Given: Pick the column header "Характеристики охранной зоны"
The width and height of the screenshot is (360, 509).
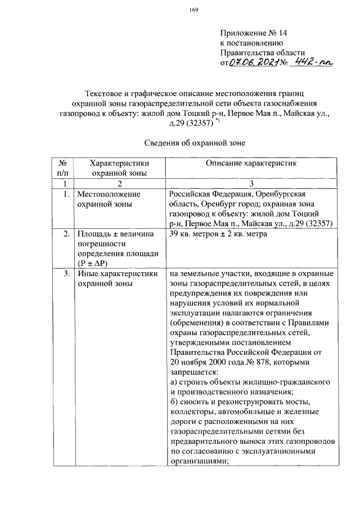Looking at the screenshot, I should tap(119, 168).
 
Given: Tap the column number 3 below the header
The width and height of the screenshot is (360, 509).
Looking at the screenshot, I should tap(252, 184).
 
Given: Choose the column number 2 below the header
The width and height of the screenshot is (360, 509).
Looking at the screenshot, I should tap(119, 184).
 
